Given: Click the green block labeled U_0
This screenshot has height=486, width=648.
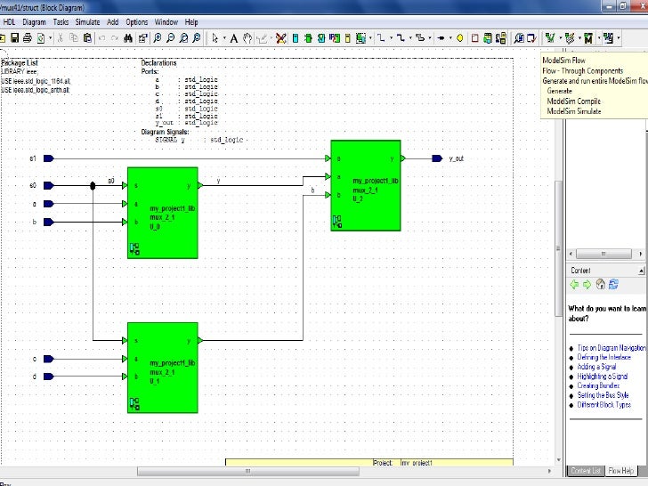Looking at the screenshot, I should tap(162, 212).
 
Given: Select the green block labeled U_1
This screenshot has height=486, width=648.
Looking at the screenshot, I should tap(162, 368).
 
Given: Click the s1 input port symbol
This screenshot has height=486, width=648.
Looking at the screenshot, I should tap(48, 158).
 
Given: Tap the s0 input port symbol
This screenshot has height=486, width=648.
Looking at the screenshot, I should tap(48, 186).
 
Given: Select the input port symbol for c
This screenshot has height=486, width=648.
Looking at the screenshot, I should tap(48, 359).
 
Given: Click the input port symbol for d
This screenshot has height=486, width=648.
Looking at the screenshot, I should tap(48, 377).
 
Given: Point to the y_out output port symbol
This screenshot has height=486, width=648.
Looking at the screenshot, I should tap(437, 158).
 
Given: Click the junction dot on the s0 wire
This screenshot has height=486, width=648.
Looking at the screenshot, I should tap(93, 186).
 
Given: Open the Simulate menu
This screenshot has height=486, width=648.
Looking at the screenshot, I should tap(87, 21).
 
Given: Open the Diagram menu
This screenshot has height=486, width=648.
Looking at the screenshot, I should tap(35, 21).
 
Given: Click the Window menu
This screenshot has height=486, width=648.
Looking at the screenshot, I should tap(166, 21).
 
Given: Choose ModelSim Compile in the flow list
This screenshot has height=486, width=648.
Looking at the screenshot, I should tap(573, 101).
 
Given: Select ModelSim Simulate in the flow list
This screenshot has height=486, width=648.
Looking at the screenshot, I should tap(574, 111).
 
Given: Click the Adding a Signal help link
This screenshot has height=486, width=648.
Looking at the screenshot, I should tap(597, 367).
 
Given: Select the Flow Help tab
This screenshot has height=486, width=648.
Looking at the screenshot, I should tap(620, 470).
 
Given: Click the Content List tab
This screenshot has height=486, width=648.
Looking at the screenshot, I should tap(586, 470).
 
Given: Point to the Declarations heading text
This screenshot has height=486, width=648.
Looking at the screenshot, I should tap(158, 63).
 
